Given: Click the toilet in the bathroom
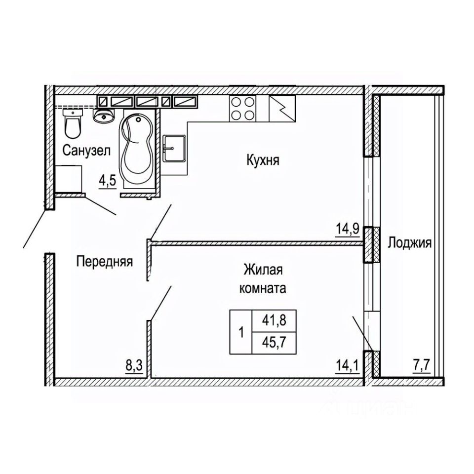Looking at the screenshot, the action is coord(73,124).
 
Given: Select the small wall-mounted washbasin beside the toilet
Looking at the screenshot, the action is coord(104,116).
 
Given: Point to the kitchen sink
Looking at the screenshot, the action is coord(174,148).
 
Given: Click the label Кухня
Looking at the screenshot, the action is coord(262,160).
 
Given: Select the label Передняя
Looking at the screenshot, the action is coord(104,261).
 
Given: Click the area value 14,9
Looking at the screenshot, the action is coord(349,231).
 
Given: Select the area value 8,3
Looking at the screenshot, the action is coord(134,367).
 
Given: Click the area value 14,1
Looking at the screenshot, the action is coord(348,367).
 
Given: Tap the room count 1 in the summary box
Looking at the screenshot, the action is coord(241,331).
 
